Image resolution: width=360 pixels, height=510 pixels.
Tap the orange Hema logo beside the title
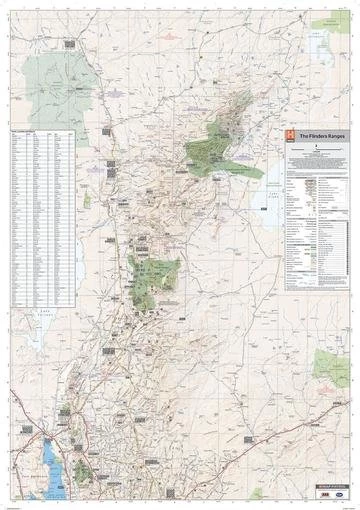[291, 135]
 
